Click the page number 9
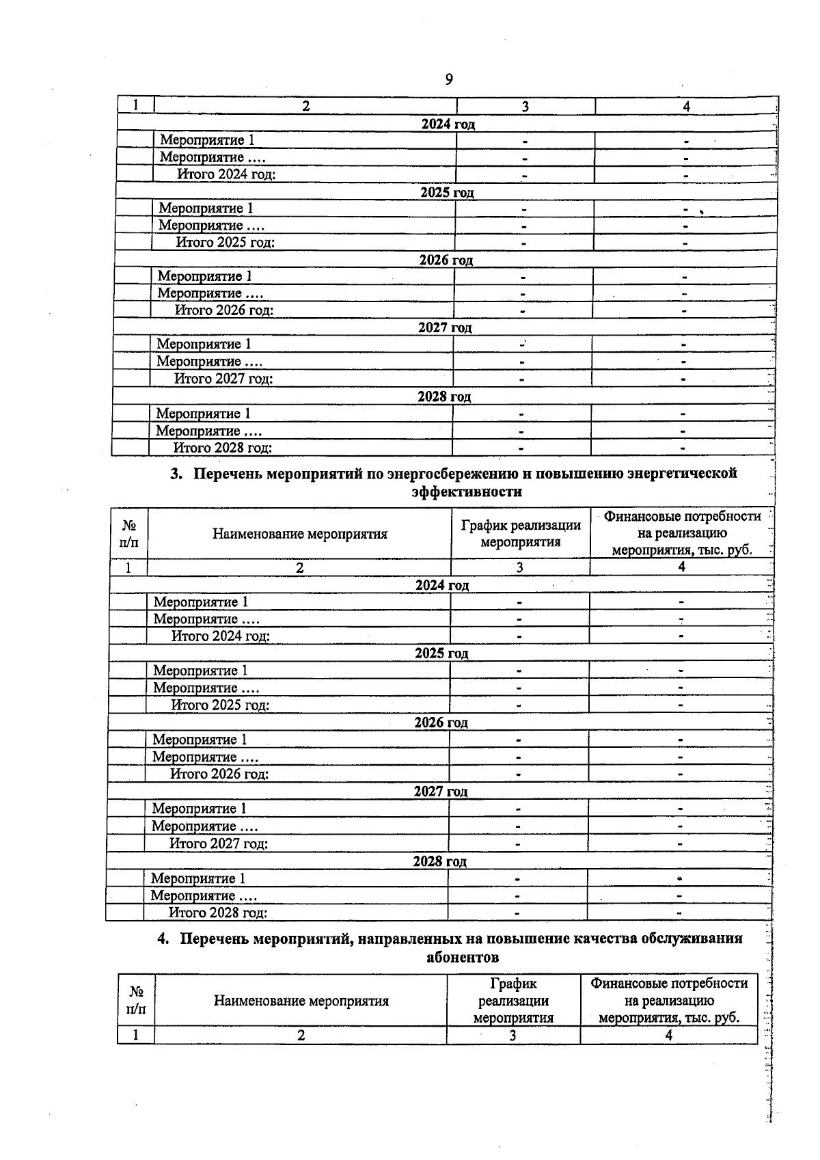(x=449, y=80)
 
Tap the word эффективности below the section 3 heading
(x=467, y=492)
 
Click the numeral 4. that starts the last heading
(x=163, y=939)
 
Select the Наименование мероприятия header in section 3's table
(x=299, y=534)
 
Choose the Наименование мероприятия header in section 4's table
(x=301, y=1001)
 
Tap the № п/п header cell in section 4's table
(x=136, y=1000)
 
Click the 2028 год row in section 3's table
(x=439, y=861)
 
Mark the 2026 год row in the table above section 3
(x=446, y=260)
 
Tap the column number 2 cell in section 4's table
(x=301, y=1036)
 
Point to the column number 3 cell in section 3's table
(x=519, y=567)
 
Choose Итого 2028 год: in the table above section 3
(x=223, y=448)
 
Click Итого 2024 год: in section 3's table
(x=221, y=636)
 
